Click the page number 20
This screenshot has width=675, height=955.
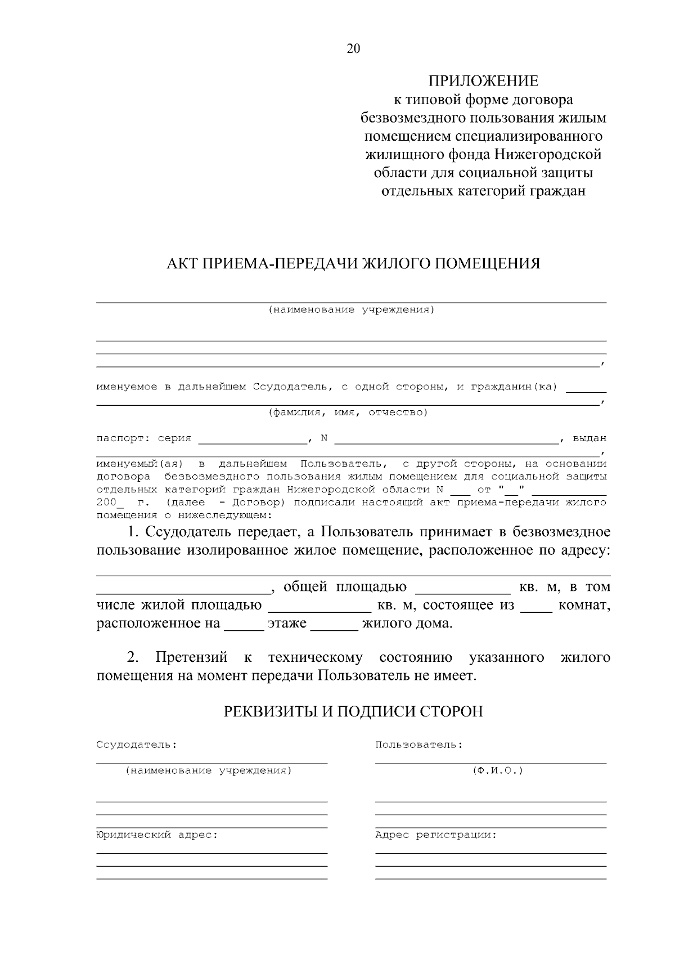pos(353,49)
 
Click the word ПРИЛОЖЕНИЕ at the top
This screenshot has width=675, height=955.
pos(483,82)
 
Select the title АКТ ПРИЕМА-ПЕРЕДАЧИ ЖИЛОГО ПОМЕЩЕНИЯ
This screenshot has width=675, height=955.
pos(353,263)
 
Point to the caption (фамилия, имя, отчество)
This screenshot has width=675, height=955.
pos(348,413)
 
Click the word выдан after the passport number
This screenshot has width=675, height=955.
pos(589,438)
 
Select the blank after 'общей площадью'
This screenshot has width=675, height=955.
pos(462,588)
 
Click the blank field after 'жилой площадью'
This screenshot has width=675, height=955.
pos(319,607)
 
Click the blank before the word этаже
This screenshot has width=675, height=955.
pos(244,625)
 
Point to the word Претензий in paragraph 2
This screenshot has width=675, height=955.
pos(191,657)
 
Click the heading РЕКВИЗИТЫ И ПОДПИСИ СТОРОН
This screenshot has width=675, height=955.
pos(353,712)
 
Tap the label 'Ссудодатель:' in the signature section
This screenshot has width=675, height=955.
pos(136,745)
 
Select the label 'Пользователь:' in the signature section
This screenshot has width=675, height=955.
pos(418,745)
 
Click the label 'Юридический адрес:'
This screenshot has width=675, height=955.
pos(157,835)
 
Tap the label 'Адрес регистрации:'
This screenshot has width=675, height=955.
pos(436,835)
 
